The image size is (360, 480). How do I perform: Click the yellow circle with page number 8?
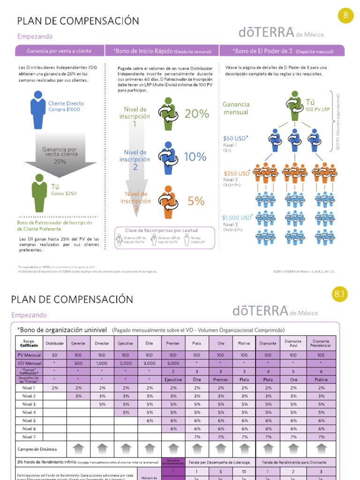tap(345, 15)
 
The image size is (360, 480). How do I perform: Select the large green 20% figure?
tap(196, 113)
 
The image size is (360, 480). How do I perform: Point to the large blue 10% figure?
tap(195, 157)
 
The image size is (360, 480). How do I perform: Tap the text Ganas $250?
tap(64, 193)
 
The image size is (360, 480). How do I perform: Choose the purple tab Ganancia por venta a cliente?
tap(59, 51)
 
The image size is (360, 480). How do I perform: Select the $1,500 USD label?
tap(237, 217)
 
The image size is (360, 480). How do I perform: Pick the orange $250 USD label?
tap(237, 173)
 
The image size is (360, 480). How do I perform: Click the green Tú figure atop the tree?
tap(295, 105)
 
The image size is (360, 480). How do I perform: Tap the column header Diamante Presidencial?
tap(321, 343)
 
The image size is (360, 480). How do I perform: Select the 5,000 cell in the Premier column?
tap(173, 363)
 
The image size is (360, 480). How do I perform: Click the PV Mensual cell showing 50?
tap(54, 355)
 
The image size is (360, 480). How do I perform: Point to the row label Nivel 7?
tap(29, 436)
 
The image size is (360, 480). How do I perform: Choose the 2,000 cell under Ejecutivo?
tap(125, 363)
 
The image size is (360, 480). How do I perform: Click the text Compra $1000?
tap(64, 109)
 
